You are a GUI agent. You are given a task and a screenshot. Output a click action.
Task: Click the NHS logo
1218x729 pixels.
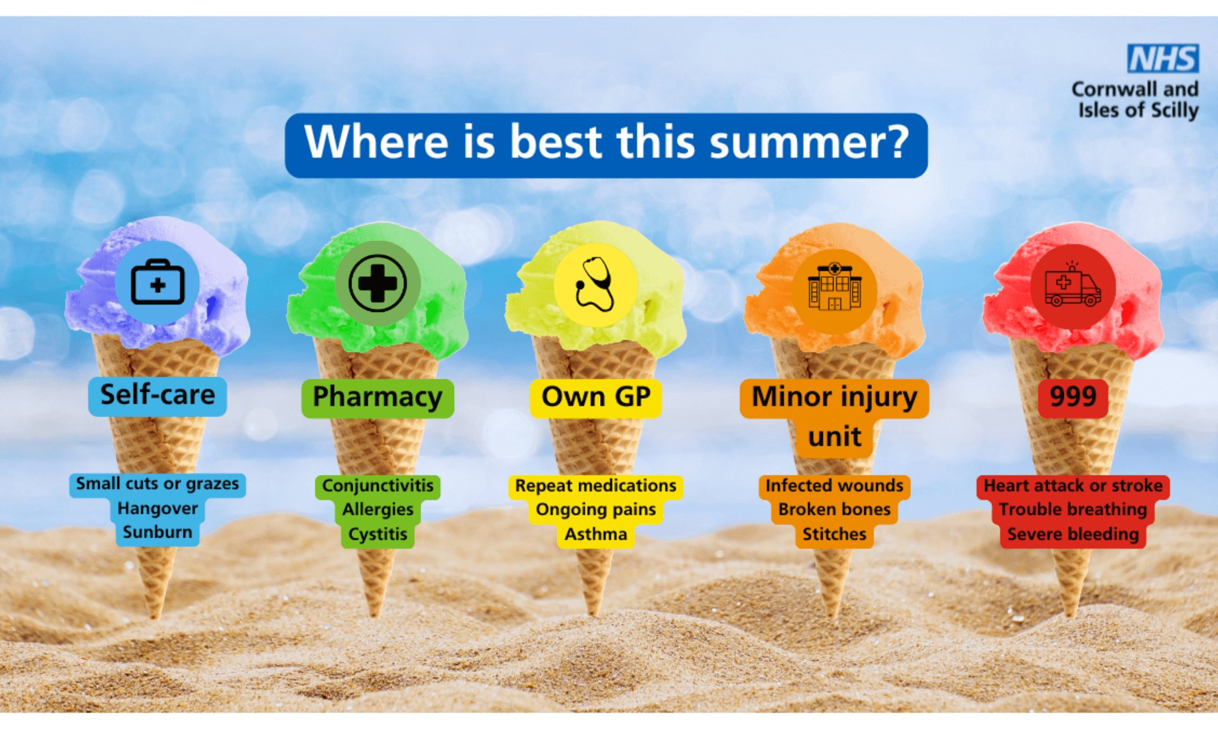pyautogui.click(x=1163, y=58)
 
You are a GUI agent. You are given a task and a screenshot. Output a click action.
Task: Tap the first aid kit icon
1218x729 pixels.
pyautogui.click(x=157, y=282)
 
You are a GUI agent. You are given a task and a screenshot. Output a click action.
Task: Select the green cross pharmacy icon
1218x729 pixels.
pyautogui.click(x=377, y=283)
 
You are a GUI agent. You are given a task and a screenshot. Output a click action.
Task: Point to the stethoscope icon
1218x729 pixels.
pyautogui.click(x=594, y=284)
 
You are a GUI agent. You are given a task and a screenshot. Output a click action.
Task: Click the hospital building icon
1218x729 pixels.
pyautogui.click(x=834, y=287)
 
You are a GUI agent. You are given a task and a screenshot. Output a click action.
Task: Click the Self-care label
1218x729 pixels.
pyautogui.click(x=157, y=396)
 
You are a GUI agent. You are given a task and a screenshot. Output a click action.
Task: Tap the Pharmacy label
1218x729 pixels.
pyautogui.click(x=377, y=397)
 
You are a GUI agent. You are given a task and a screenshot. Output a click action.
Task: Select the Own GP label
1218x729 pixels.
pyautogui.click(x=596, y=397)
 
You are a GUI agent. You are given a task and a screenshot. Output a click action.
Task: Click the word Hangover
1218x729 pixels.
pyautogui.click(x=157, y=508)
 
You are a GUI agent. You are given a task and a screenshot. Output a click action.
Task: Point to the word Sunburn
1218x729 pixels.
pyautogui.click(x=157, y=532)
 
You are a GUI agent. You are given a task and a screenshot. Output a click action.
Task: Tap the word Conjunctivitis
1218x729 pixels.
pyautogui.click(x=377, y=486)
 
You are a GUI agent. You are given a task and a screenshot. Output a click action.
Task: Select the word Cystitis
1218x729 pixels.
pyautogui.click(x=377, y=534)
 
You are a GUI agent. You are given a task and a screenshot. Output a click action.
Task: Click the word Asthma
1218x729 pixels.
pyautogui.click(x=596, y=534)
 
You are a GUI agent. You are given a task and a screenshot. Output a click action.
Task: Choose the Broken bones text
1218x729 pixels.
pyautogui.click(x=834, y=510)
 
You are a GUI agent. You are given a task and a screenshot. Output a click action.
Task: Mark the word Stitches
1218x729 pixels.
pyautogui.click(x=834, y=534)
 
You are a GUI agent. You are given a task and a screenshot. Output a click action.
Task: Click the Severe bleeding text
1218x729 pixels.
pyautogui.click(x=1073, y=534)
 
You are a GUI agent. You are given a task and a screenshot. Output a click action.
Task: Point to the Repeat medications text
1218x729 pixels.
pyautogui.click(x=596, y=486)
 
